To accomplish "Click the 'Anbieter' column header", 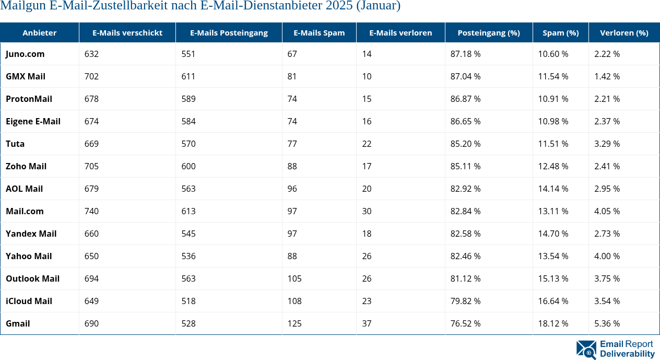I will tap(40, 33).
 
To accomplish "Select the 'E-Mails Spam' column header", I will tap(319, 33).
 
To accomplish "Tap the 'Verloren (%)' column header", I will tap(624, 33).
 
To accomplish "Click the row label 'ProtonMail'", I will tap(29, 99).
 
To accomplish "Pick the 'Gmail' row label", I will tap(18, 323).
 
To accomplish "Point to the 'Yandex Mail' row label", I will tap(31, 234).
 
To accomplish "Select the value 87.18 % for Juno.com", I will tap(465, 54).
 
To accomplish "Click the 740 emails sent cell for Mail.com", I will tap(91, 211).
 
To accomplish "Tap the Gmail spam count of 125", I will tap(294, 323).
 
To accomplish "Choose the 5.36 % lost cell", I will tap(607, 323).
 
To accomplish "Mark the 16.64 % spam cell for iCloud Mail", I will tap(553, 301).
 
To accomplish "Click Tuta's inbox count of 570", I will tap(188, 144).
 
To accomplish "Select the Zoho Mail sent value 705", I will tap(91, 166).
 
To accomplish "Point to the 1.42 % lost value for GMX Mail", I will tap(607, 76).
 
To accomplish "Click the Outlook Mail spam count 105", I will tap(294, 278).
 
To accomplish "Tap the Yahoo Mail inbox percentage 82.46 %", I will tap(465, 256).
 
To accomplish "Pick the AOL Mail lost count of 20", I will tap(367, 189).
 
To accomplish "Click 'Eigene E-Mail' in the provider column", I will tap(33, 121).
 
